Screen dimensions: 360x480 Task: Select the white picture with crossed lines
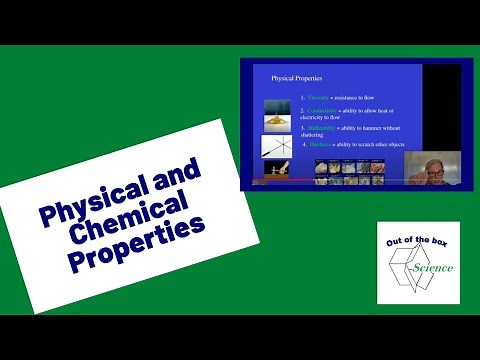tap(276, 146)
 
